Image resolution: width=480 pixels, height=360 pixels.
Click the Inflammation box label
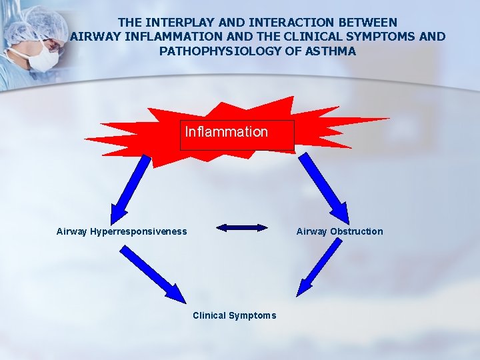(227, 132)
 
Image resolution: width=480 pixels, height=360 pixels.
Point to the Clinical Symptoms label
(234, 315)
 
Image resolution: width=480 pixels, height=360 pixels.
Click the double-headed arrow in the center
(241, 228)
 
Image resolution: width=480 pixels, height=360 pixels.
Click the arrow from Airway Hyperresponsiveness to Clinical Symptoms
(153, 274)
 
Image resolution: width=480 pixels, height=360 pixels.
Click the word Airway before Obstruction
(311, 232)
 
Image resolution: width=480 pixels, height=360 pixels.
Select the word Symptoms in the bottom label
(252, 315)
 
